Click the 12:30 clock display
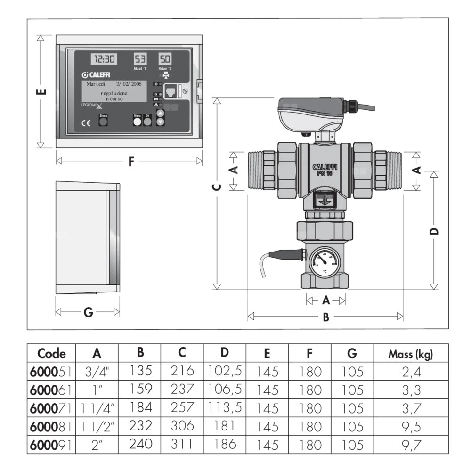(x=104, y=59)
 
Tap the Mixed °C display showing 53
(x=140, y=59)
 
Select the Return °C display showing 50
(x=164, y=59)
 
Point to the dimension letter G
(x=88, y=312)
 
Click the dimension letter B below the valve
(x=325, y=317)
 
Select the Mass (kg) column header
(x=410, y=354)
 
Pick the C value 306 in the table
(x=182, y=425)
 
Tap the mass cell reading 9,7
(x=410, y=444)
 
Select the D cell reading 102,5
(x=225, y=371)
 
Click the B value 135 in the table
(x=140, y=371)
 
